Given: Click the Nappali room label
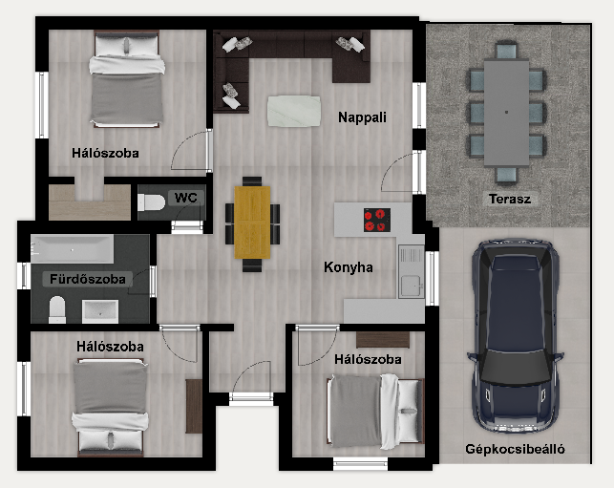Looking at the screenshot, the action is click(x=362, y=117).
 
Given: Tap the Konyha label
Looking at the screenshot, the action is click(x=349, y=267).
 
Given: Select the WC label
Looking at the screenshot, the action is click(x=185, y=198).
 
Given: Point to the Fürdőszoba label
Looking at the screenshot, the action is click(x=88, y=279).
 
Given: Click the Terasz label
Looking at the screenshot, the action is click(x=510, y=199).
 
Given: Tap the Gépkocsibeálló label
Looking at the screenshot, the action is click(x=515, y=449).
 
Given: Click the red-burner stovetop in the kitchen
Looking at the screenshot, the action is click(x=376, y=220).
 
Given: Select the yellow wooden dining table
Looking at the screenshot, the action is click(x=252, y=223).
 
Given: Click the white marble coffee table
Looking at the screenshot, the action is click(x=294, y=111).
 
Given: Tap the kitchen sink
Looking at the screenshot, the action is click(x=412, y=271).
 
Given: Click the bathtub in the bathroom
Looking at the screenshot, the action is click(x=73, y=249).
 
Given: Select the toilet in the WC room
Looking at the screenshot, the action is click(x=152, y=202).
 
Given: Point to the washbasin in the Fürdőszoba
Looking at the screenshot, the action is click(x=100, y=311).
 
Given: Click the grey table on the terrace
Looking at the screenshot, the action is click(x=506, y=113).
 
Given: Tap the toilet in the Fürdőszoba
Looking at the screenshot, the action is click(x=57, y=309).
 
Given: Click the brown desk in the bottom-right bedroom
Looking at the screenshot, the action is click(x=383, y=340).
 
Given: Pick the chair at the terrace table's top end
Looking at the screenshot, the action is click(x=506, y=51).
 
